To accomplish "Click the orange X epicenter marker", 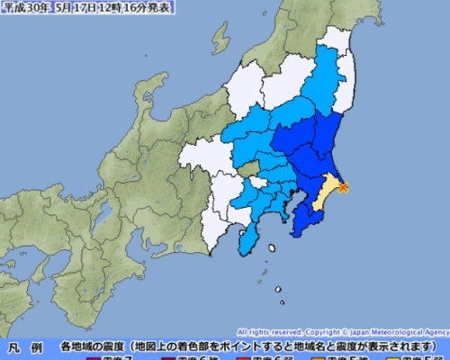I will click(x=343, y=187).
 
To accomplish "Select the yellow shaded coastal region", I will click(x=329, y=190).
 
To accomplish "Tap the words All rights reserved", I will click(x=269, y=331).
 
